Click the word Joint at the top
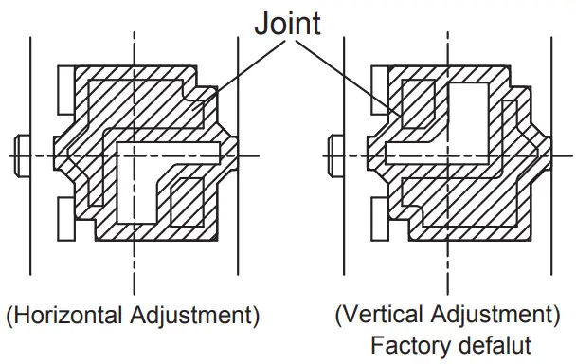pos(287,23)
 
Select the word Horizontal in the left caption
pos(67,313)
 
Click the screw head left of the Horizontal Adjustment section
pos(22,155)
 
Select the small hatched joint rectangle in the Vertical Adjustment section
pos(418,101)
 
